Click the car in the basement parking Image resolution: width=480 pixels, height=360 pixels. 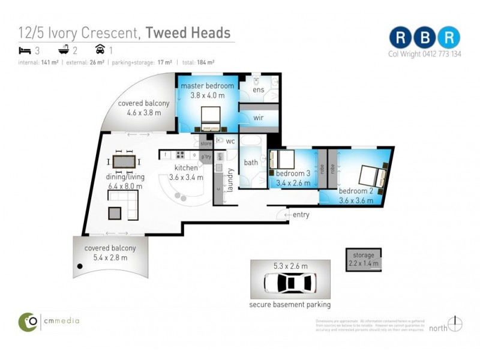tap(290, 282)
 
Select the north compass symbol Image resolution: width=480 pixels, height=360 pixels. tap(455, 324)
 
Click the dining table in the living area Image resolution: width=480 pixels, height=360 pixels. tap(124, 162)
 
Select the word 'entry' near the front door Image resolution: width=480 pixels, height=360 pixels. tap(301, 215)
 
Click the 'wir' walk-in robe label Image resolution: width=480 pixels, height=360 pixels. tap(259, 118)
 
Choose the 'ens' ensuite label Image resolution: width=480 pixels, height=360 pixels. tap(258, 90)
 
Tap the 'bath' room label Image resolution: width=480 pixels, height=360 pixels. tap(250, 163)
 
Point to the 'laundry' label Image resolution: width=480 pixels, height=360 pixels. tap(230, 179)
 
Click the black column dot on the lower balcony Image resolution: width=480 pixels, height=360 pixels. tap(79, 266)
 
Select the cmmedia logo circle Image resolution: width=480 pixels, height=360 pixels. tap(28, 321)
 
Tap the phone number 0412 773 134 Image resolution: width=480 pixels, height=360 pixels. tap(440, 54)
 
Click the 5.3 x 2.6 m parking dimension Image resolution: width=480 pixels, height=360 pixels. tap(290, 266)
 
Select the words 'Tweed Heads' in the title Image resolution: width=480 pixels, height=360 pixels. tap(188, 32)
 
